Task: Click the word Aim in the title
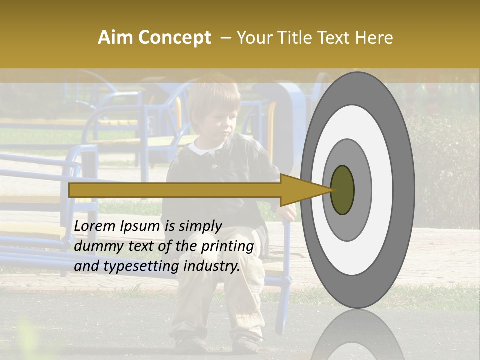click(x=116, y=38)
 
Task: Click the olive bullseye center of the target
click(x=342, y=190)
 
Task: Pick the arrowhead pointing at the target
click(x=300, y=190)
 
